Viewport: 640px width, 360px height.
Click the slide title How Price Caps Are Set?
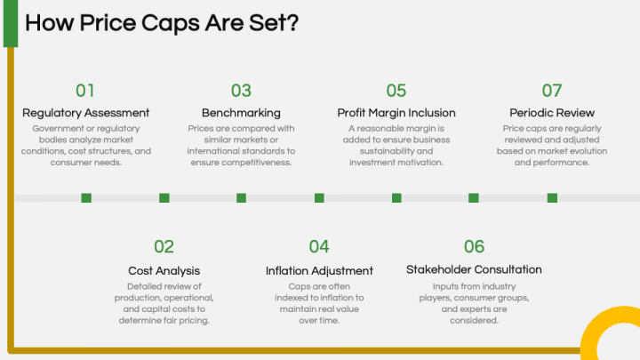(x=161, y=22)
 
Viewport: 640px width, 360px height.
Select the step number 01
(x=85, y=91)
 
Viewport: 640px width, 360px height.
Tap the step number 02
(x=164, y=247)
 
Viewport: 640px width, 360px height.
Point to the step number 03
(x=241, y=91)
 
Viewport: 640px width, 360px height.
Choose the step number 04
(x=319, y=247)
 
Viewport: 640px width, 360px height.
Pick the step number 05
(x=396, y=91)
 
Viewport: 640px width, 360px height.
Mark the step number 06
(x=474, y=247)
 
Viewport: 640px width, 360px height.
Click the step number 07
(x=552, y=91)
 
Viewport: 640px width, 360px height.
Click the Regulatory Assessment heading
(x=85, y=113)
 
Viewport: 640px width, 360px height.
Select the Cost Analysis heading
(x=164, y=270)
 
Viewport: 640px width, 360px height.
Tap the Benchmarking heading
(x=241, y=113)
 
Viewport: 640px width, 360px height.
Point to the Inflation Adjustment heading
(x=319, y=270)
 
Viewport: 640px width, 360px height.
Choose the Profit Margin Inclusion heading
(x=396, y=113)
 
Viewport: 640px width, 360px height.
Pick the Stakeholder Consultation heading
(x=474, y=269)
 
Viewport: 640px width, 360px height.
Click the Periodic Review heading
(x=552, y=113)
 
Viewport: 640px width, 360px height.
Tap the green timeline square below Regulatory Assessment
(x=86, y=197)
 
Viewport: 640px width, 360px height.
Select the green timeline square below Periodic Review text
(x=552, y=197)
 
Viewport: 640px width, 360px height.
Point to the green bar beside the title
(x=10, y=23)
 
